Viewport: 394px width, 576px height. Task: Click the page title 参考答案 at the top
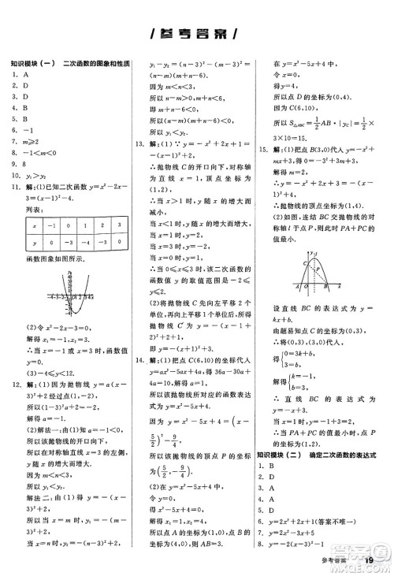pyautogui.click(x=196, y=35)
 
